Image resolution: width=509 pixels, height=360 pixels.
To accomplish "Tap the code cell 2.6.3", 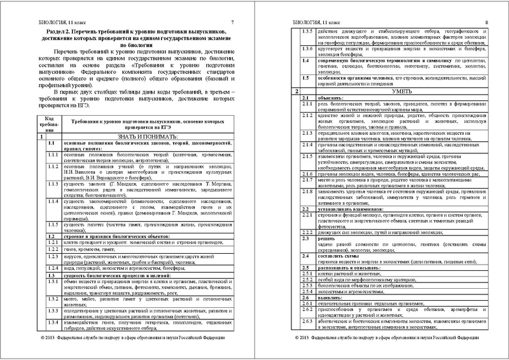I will pos(307,321).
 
